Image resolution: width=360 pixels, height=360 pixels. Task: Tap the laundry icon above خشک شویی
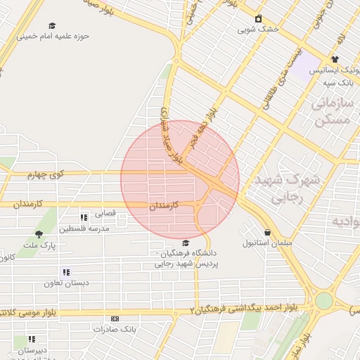click(x=258, y=18)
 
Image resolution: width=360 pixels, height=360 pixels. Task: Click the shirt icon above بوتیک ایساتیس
click(x=334, y=59)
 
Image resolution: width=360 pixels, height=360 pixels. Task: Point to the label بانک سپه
click(x=337, y=83)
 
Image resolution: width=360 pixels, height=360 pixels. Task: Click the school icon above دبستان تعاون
click(x=66, y=272)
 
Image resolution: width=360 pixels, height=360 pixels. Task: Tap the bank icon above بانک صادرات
click(x=115, y=319)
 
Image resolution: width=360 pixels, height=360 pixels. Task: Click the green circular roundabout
click(x=323, y=300)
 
